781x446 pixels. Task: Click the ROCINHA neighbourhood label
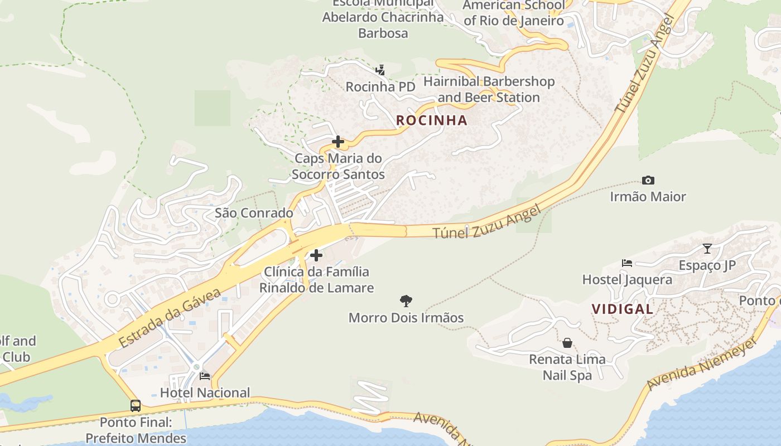pos(431,120)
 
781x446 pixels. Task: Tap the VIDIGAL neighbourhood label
pos(622,309)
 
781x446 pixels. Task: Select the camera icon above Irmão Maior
pos(648,180)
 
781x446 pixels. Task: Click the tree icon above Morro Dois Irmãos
pos(406,301)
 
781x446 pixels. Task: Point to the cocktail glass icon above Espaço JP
pos(707,249)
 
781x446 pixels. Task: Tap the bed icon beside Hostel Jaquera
pos(627,263)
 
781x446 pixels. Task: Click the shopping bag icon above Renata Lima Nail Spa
pos(567,342)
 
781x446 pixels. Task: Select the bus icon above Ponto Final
pos(136,405)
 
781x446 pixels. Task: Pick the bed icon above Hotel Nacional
pos(205,376)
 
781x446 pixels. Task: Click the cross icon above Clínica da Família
pos(316,255)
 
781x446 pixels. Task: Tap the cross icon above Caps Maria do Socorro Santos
pos(338,142)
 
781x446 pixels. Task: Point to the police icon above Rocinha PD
pos(380,70)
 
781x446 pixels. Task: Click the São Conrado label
pos(254,213)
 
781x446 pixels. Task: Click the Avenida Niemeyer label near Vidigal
pos(702,363)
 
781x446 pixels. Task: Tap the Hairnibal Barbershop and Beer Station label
pos(489,89)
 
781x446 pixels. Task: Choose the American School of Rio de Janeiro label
pos(514,13)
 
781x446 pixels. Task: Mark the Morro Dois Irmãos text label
pos(406,318)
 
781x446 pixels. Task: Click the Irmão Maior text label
pos(648,196)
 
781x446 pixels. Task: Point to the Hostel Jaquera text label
pos(627,279)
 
